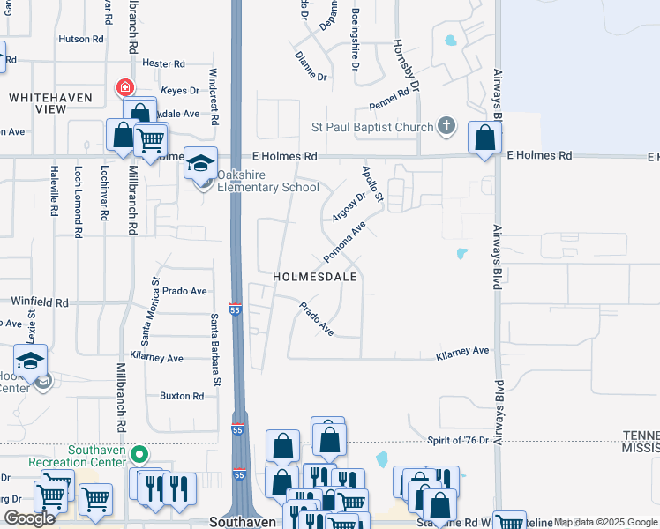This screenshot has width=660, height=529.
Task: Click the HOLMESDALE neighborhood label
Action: tap(315, 276)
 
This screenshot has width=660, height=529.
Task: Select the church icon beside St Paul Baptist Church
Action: tap(447, 126)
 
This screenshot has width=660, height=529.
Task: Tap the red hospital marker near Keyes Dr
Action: tap(124, 88)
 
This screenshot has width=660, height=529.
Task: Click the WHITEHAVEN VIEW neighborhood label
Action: tap(38, 102)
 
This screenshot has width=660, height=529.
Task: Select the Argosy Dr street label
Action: tap(349, 207)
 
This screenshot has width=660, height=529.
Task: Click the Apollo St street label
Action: tap(372, 184)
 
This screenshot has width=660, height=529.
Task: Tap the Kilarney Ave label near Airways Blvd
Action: tap(462, 351)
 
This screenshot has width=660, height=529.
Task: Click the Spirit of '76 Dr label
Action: tap(458, 440)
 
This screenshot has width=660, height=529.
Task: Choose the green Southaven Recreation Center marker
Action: tap(139, 455)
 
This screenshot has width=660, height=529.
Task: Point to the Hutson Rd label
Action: tap(80, 39)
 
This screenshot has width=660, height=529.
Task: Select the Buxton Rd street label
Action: tap(182, 396)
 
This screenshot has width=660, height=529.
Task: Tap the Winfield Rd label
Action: tap(40, 302)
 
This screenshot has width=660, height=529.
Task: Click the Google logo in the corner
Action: tap(30, 518)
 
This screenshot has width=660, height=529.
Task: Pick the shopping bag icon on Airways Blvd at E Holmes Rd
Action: tap(484, 138)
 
